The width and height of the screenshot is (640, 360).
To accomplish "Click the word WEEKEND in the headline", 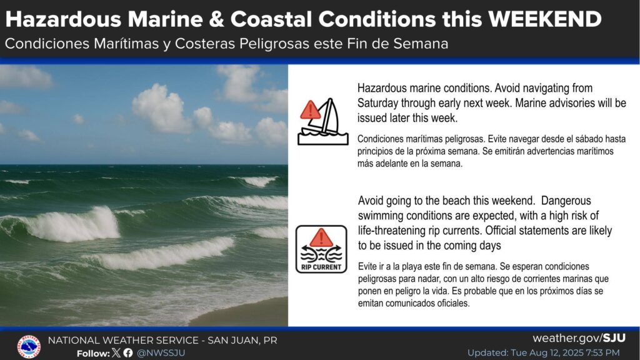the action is [x=544, y=19].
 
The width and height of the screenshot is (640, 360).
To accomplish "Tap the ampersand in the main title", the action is [x=216, y=19].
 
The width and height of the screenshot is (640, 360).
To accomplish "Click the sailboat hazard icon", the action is [x=323, y=122].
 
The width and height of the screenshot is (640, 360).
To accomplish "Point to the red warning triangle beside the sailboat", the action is [x=310, y=110].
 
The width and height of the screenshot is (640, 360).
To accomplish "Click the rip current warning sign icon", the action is [x=321, y=249].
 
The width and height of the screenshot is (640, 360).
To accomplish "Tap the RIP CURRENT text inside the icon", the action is [x=321, y=267].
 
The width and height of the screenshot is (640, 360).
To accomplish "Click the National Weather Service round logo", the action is [x=29, y=346].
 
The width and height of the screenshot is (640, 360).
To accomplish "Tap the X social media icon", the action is [x=116, y=352].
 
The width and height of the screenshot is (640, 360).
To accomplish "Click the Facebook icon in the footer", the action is [x=128, y=352].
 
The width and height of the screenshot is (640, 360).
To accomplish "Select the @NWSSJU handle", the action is [x=161, y=353].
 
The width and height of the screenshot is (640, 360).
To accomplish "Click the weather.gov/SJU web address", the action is [x=579, y=338].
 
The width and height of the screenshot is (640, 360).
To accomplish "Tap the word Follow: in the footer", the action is [x=94, y=353].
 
